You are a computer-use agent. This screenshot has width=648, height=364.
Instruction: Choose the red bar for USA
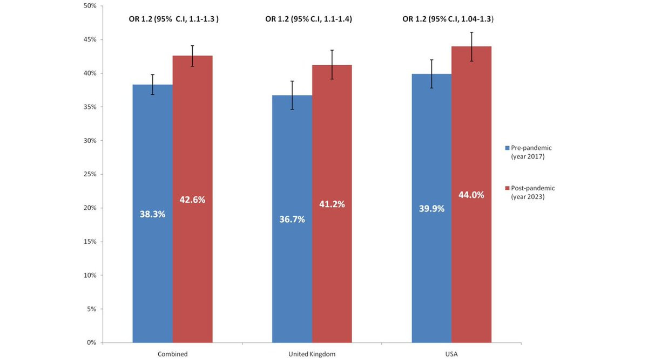click(471, 270)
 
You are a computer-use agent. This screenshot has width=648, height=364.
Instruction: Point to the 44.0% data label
click(471, 195)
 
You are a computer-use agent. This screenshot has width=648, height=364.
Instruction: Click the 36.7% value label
click(292, 219)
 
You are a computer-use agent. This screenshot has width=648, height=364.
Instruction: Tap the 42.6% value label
click(192, 200)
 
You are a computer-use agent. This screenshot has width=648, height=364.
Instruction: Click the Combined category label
click(173, 354)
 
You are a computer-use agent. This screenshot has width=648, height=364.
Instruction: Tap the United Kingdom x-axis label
click(312, 354)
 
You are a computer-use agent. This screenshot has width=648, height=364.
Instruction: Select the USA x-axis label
click(451, 354)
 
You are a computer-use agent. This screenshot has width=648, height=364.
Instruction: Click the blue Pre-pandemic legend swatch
click(507, 147)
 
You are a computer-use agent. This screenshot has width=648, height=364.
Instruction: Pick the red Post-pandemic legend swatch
click(507, 188)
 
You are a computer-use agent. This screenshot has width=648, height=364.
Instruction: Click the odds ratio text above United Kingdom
click(308, 19)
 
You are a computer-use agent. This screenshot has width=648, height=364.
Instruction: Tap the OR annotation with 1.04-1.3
click(448, 19)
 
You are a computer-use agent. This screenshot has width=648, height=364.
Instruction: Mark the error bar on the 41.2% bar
click(332, 64)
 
